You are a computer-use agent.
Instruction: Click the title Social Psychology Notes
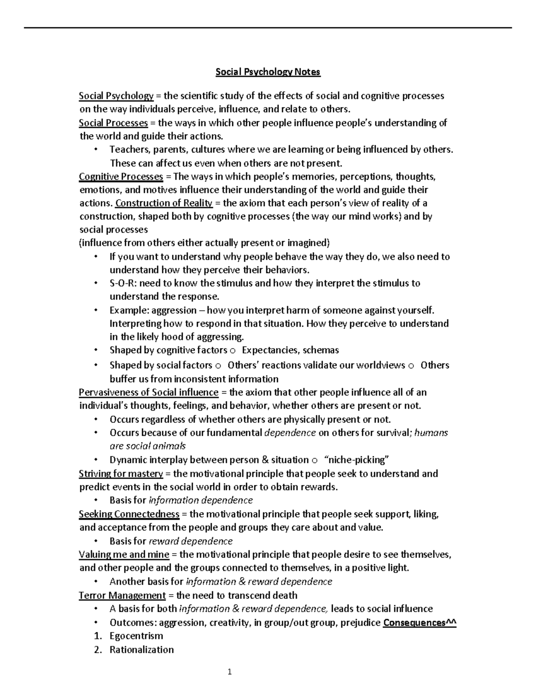coord(268,72)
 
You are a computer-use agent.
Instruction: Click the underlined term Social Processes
coord(113,123)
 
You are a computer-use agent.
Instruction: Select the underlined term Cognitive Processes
coord(121,177)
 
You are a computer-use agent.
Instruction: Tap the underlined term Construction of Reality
coord(163,203)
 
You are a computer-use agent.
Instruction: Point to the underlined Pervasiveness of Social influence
coord(148,392)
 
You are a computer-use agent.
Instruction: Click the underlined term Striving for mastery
coord(121,474)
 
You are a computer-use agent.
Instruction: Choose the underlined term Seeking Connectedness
coord(129,514)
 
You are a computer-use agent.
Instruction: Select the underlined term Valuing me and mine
coord(124,555)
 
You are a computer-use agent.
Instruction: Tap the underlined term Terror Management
coord(122,596)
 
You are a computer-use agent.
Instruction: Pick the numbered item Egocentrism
coord(136,636)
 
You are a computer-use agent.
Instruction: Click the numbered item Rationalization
coord(142,650)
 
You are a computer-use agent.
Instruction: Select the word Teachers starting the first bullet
coord(128,150)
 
